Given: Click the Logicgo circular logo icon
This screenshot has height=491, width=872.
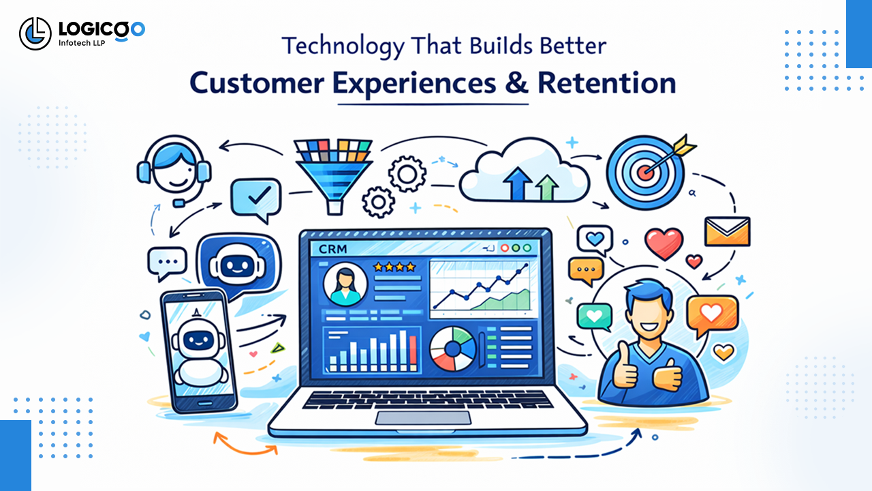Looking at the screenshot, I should [35, 33].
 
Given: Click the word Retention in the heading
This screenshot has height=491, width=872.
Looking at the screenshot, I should [606, 83].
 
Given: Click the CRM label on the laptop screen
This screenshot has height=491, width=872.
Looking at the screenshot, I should [332, 249].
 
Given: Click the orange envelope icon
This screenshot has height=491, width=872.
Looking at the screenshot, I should [727, 231].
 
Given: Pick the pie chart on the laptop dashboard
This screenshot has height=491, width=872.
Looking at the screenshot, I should [452, 347].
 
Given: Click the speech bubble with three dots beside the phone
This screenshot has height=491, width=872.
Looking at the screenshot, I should [167, 263].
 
